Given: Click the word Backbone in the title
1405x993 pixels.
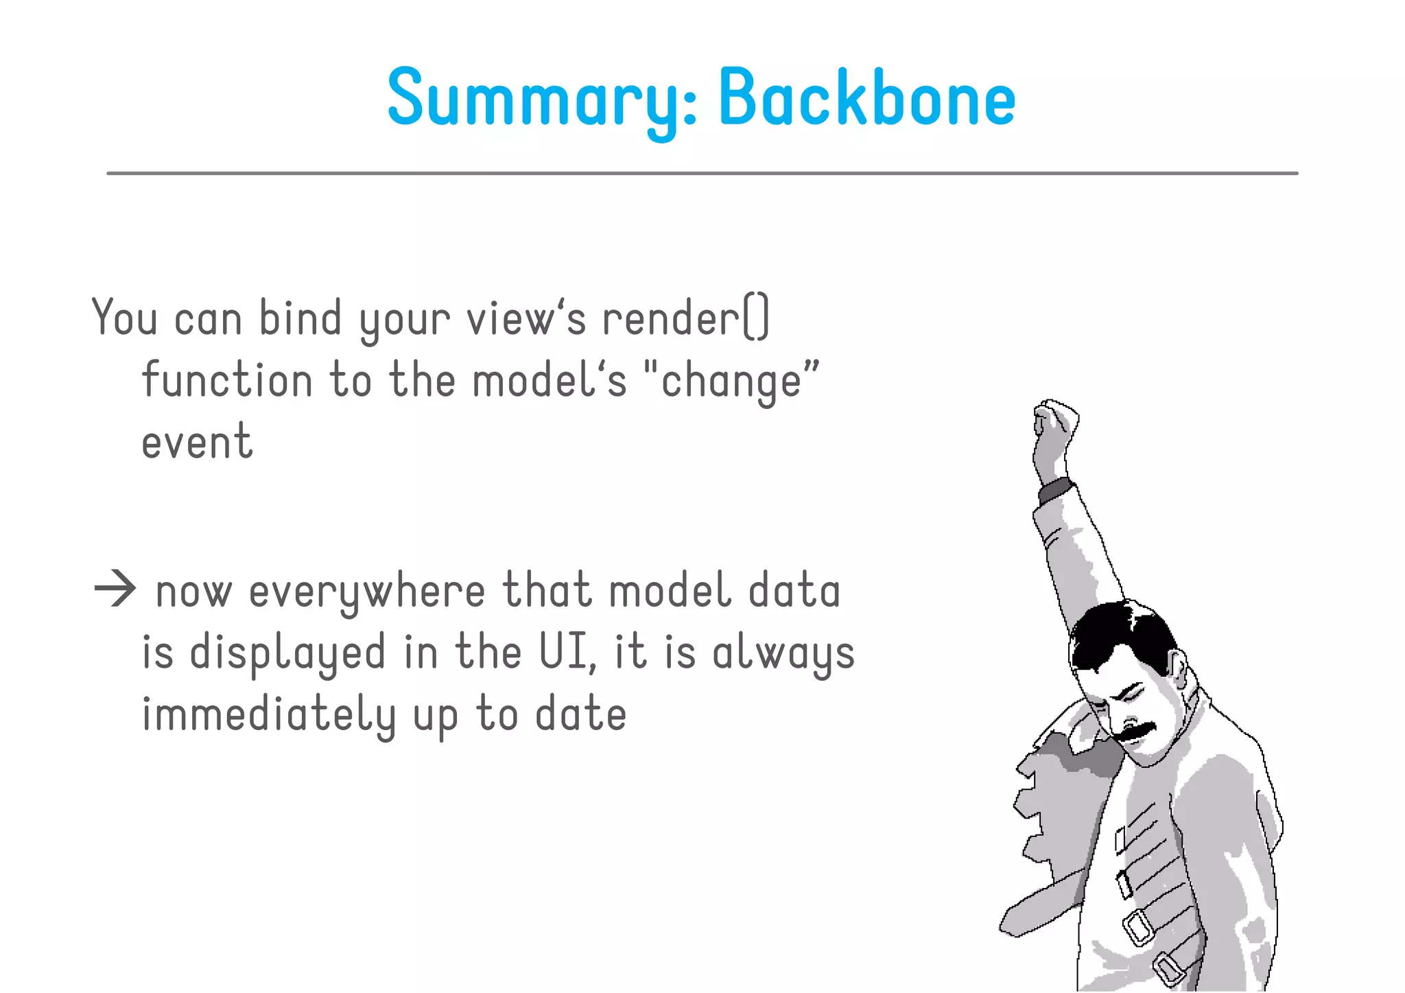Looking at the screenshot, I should click(x=866, y=97).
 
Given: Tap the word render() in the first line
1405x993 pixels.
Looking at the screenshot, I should click(x=685, y=318).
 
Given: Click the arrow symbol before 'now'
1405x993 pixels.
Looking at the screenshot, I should click(x=115, y=589).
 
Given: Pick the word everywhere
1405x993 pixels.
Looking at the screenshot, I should click(x=367, y=592).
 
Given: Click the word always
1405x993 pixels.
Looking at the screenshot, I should click(x=783, y=653).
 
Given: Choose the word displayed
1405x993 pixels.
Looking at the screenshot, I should click(x=287, y=653).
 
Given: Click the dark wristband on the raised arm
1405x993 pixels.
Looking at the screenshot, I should click(x=1055, y=489).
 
